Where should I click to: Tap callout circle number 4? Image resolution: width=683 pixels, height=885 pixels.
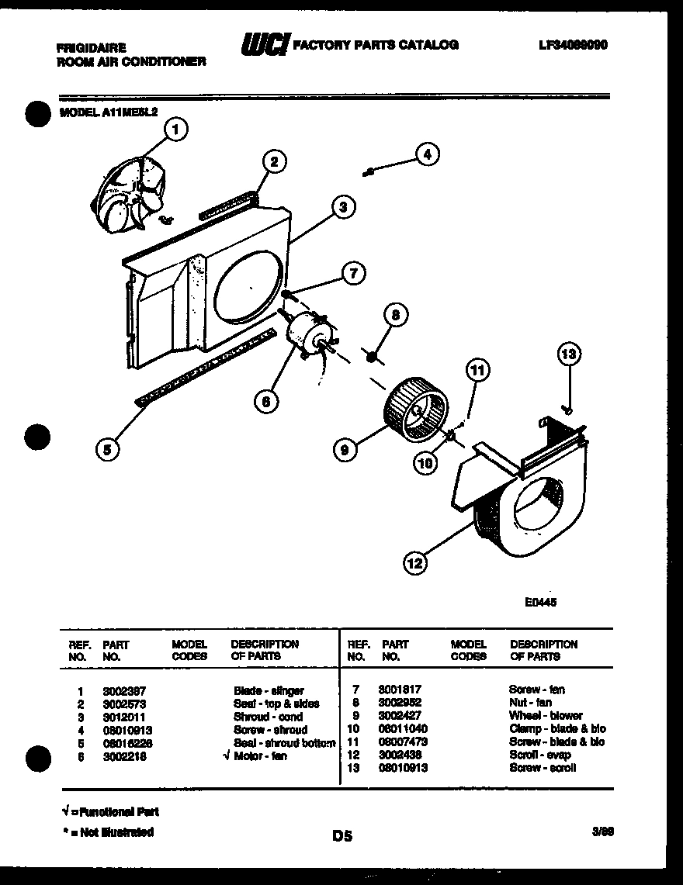pyautogui.click(x=426, y=154)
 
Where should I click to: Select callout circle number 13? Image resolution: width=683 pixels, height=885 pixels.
pyautogui.click(x=570, y=355)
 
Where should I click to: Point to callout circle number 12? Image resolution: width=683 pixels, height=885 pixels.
pyautogui.click(x=415, y=563)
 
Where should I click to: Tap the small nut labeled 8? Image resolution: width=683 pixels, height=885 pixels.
pyautogui.click(x=372, y=356)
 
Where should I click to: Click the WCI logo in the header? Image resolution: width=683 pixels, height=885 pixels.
pyautogui.click(x=263, y=45)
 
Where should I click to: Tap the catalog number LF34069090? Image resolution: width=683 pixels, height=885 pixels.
pyautogui.click(x=572, y=44)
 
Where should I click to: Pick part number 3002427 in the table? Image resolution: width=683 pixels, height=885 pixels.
pyautogui.click(x=398, y=715)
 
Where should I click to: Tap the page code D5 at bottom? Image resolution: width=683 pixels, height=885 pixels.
pyautogui.click(x=342, y=836)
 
